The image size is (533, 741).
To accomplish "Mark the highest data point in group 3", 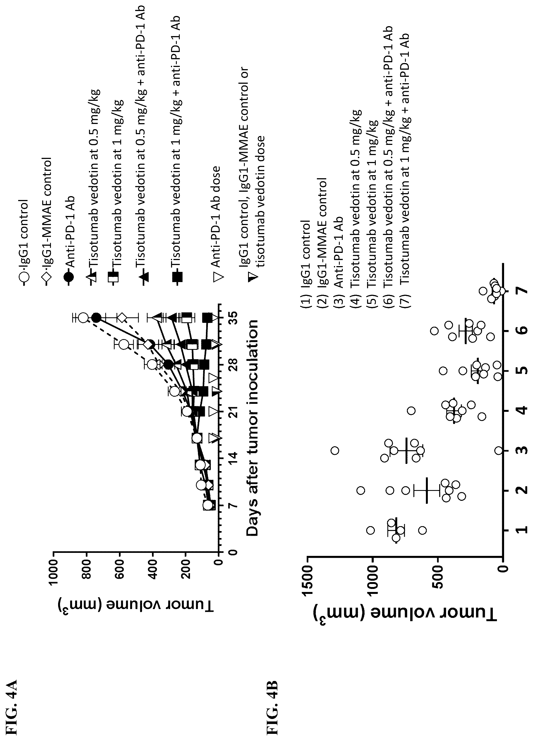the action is pos(335,451).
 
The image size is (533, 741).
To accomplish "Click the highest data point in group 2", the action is pos(361,490).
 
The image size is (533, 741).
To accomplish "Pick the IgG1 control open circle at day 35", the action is pos(83,318).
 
